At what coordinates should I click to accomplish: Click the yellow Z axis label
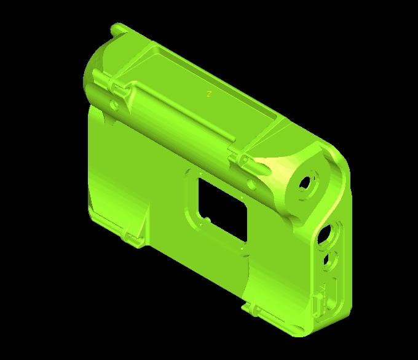209,94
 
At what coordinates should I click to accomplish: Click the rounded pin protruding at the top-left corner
117,28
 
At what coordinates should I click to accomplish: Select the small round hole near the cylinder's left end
114,105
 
